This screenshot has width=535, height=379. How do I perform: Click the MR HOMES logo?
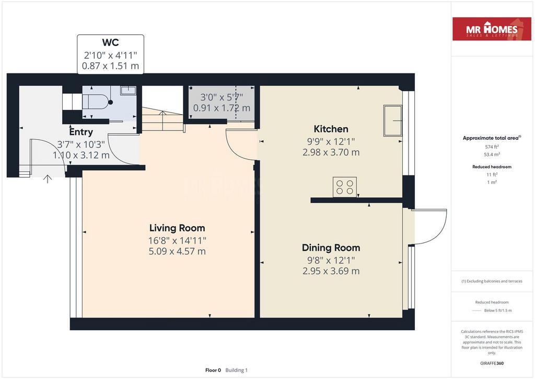(492, 29)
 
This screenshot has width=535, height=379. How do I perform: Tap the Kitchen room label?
(331, 129)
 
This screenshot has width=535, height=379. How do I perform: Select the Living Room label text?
(177, 228)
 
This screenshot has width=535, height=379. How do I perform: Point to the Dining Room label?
(331, 248)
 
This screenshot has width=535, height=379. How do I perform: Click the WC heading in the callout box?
(110, 43)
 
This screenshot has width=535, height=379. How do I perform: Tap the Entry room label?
(81, 132)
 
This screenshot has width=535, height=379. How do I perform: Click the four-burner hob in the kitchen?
(345, 187)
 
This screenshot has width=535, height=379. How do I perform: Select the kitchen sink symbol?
(393, 120)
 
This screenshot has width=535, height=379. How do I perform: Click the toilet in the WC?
(97, 102)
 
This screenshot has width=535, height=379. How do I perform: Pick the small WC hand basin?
(129, 90)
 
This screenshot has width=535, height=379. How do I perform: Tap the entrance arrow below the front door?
(48, 179)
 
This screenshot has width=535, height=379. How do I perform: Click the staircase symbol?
(163, 119)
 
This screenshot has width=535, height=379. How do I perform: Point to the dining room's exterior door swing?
(429, 227)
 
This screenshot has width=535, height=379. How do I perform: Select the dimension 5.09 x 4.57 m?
(177, 251)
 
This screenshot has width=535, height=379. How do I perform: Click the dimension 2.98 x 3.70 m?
(331, 152)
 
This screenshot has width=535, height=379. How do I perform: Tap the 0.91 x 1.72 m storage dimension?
(222, 108)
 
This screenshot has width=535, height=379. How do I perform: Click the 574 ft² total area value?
(492, 147)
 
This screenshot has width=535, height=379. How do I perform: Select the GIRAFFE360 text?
(492, 363)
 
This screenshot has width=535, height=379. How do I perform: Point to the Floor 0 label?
(213, 370)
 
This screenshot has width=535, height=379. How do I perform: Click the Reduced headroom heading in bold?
(492, 167)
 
